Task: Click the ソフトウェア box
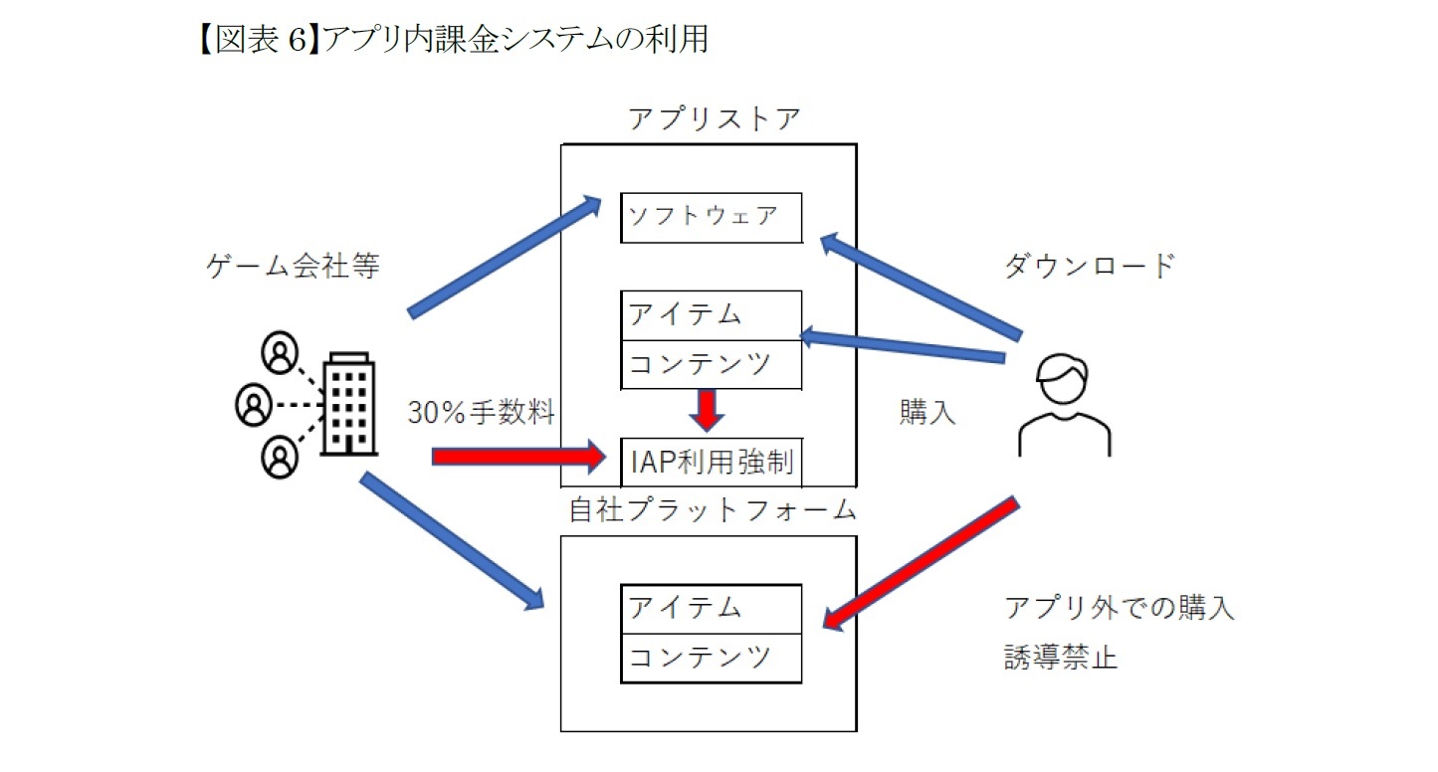[711, 217]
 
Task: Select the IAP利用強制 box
[711, 461]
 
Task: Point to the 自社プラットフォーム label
[713, 510]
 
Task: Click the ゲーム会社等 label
[293, 266]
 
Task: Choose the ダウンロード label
[1089, 266]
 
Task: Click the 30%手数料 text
[481, 413]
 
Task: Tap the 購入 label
[926, 413]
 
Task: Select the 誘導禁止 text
[1061, 658]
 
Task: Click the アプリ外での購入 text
[1120, 608]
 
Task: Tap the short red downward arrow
[706, 409]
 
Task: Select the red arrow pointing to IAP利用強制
[517, 457]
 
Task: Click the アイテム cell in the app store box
[711, 315]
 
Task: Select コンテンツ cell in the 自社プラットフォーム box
[711, 658]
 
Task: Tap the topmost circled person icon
[280, 350]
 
